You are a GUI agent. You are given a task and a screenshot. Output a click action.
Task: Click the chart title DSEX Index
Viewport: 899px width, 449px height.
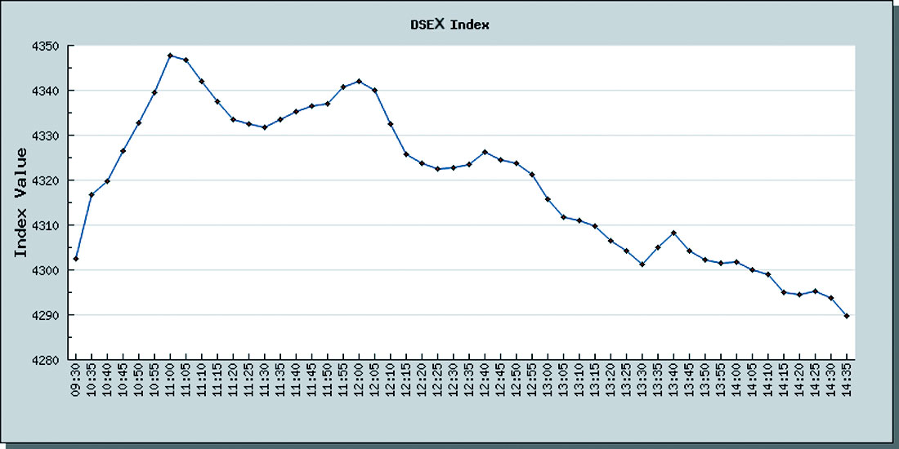point(449,24)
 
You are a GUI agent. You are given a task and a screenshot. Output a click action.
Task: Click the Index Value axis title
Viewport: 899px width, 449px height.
point(22,202)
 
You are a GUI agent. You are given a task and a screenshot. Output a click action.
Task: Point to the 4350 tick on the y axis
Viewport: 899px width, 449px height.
point(47,46)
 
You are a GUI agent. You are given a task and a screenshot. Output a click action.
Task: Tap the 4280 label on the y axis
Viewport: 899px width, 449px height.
point(47,360)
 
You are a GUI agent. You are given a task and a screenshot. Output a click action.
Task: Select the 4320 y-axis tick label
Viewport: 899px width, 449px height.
point(47,180)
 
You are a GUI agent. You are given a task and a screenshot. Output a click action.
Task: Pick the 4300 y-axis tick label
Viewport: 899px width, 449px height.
point(47,270)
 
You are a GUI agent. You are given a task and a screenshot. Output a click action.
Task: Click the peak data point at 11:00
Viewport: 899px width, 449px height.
point(170,56)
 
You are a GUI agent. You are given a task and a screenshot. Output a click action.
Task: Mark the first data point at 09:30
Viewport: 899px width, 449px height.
point(76,259)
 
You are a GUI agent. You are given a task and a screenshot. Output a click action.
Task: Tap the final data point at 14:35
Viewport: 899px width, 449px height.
point(847,316)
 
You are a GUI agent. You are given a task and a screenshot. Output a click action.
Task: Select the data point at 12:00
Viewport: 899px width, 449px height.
point(360,81)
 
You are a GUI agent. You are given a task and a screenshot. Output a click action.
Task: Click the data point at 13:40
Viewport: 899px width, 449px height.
point(673,233)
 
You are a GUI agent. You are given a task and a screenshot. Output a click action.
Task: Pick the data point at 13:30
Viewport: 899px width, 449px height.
point(642,265)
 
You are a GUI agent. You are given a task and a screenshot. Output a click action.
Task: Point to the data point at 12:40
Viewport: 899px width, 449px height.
point(485,152)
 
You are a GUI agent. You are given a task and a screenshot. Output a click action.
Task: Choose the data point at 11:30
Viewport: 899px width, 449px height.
point(265,127)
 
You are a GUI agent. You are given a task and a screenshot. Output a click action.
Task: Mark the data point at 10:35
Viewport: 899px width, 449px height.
point(92,194)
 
